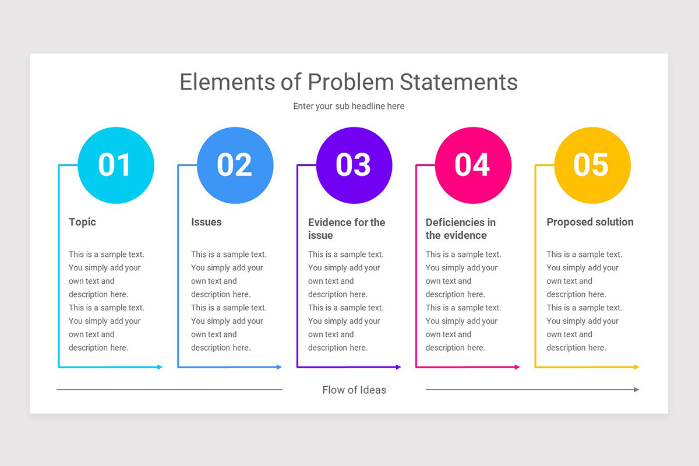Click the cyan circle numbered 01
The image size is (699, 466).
coord(115,165)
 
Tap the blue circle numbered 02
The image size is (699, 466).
coord(235,165)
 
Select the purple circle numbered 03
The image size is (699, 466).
coord(354,165)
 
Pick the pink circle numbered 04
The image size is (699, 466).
coord(473,165)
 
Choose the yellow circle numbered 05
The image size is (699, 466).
coord(592,165)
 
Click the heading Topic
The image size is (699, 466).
coord(82,222)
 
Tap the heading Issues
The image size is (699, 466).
coord(206,222)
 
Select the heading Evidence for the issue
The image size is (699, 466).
coord(347,228)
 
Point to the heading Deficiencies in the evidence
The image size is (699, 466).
coord(460,228)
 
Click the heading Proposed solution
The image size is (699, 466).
coord(589,222)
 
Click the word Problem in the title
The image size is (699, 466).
coord(351,82)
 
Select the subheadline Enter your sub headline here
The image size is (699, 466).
coord(348,106)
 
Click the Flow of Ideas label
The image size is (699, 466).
coord(354,390)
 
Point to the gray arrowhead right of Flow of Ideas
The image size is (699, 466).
coord(637,390)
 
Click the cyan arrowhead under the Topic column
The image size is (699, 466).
coord(160,367)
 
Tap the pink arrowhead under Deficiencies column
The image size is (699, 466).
coord(517,367)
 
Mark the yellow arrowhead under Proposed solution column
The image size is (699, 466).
coord(636,367)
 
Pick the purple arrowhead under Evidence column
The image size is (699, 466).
coord(398,367)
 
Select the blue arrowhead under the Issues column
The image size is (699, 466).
coord(279,367)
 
